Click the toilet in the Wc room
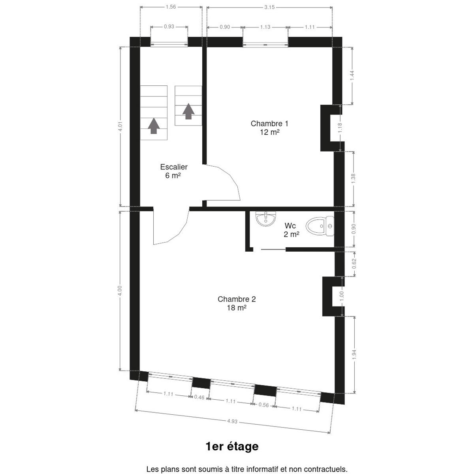[320, 226]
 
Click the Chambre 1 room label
[270, 128]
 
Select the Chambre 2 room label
[237, 303]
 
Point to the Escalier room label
[174, 171]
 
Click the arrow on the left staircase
[154, 126]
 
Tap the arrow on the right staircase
[188, 111]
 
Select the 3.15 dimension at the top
[269, 7]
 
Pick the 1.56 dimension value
[171, 7]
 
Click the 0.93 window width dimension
[169, 26]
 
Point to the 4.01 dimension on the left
[120, 126]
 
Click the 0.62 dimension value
[354, 264]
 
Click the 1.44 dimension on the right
[352, 75]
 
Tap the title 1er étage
[232, 446]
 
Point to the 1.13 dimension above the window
[265, 27]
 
